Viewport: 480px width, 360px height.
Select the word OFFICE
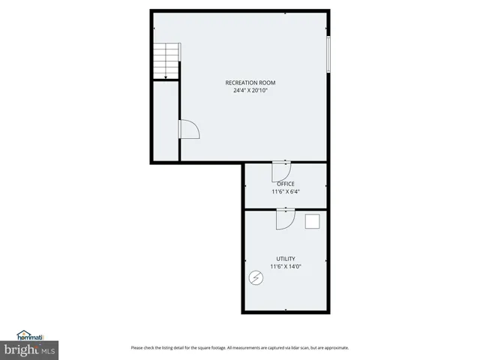click(285, 184)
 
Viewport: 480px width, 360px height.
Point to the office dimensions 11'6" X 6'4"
click(285, 191)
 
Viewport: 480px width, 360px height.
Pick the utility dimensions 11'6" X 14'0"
click(285, 265)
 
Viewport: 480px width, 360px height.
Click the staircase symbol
click(165, 60)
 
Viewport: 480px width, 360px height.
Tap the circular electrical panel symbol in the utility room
click(256, 278)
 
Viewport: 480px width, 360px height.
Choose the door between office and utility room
click(285, 218)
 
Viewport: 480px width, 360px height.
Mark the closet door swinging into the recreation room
click(188, 130)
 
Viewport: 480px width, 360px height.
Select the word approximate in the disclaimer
click(334, 348)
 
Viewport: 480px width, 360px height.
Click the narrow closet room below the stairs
click(165, 120)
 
